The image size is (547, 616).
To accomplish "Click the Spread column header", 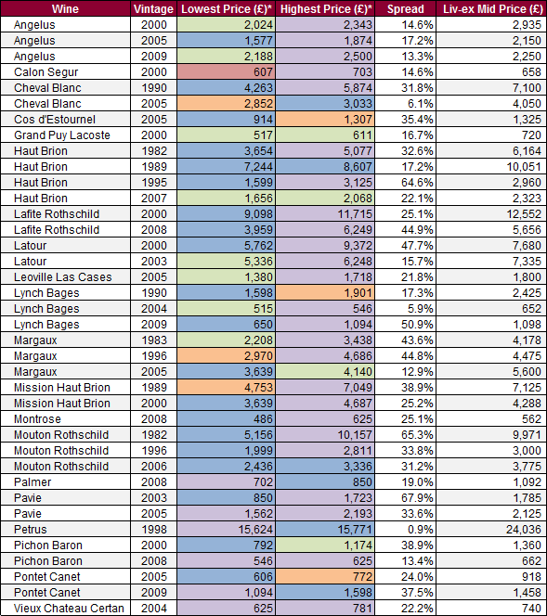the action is click(x=406, y=9).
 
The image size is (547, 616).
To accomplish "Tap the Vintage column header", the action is click(x=153, y=9).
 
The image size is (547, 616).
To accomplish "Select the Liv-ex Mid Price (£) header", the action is click(x=493, y=9).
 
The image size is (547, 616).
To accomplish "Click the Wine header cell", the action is click(x=65, y=9).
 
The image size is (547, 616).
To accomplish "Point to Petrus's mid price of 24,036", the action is click(x=524, y=530).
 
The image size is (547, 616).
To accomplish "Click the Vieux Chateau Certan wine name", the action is click(x=69, y=609).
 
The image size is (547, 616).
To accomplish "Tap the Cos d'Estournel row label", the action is click(x=55, y=120).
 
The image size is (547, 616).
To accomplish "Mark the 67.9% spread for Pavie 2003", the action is click(x=417, y=498).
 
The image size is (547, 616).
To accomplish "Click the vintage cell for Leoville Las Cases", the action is click(x=154, y=277).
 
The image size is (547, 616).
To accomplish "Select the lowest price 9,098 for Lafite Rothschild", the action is click(x=258, y=214).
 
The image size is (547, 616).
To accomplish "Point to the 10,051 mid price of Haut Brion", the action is click(x=524, y=167).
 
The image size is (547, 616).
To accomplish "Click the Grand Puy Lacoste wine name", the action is click(x=62, y=135).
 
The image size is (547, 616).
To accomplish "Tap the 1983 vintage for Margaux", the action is click(x=154, y=340).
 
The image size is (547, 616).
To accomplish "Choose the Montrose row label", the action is click(x=37, y=419).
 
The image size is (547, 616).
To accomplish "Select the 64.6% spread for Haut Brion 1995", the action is click(x=417, y=182).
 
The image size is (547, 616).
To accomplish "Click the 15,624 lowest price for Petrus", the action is click(x=255, y=530).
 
